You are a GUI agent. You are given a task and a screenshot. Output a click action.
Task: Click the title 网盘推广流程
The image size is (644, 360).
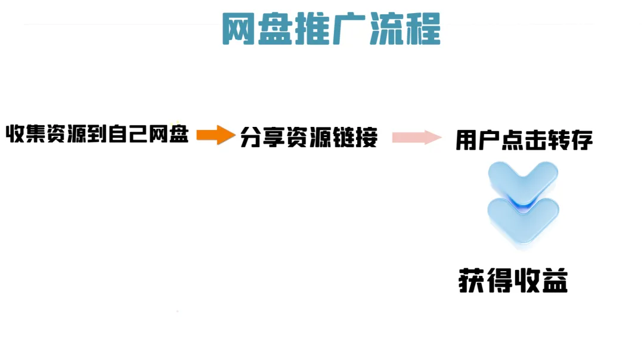[x=331, y=29]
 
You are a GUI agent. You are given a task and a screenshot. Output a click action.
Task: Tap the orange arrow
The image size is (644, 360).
[x=215, y=135]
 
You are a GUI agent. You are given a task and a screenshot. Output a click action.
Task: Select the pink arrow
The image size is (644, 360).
[x=416, y=138]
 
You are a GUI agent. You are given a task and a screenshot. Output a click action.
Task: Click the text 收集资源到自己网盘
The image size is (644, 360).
[x=97, y=135]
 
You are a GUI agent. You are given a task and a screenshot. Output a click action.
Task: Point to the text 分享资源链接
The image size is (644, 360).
[x=309, y=138]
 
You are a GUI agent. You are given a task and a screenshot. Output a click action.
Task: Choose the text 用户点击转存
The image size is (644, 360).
[x=524, y=141]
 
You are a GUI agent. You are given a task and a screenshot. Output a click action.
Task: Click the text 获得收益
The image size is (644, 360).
[x=513, y=281]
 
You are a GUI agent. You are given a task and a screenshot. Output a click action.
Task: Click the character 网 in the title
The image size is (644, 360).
[x=238, y=30]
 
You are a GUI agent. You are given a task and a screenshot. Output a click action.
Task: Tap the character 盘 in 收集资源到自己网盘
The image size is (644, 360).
[x=178, y=135]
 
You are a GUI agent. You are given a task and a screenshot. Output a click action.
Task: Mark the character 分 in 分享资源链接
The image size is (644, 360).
[x=252, y=138]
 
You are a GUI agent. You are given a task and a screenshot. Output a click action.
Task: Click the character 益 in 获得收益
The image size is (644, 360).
[x=555, y=281]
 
